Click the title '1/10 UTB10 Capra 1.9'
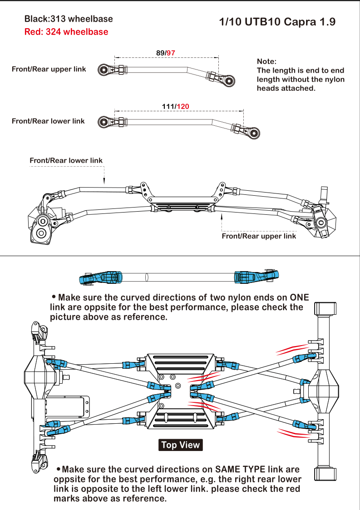[x=277, y=22]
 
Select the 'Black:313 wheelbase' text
[x=69, y=19]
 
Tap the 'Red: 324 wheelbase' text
[x=66, y=32]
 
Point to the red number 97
[x=171, y=53]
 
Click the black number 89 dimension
[x=160, y=53]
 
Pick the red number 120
[x=183, y=107]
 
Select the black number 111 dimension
[x=168, y=107]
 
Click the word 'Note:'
[x=266, y=61]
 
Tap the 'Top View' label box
[x=181, y=445]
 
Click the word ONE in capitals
[x=300, y=297]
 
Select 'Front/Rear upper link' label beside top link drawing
[x=49, y=69]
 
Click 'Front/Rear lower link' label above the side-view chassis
[x=66, y=160]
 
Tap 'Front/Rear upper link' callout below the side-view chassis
[x=258, y=236]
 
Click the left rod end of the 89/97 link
[x=104, y=69]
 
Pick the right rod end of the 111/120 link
[x=254, y=133]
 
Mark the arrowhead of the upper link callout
[x=222, y=217]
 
